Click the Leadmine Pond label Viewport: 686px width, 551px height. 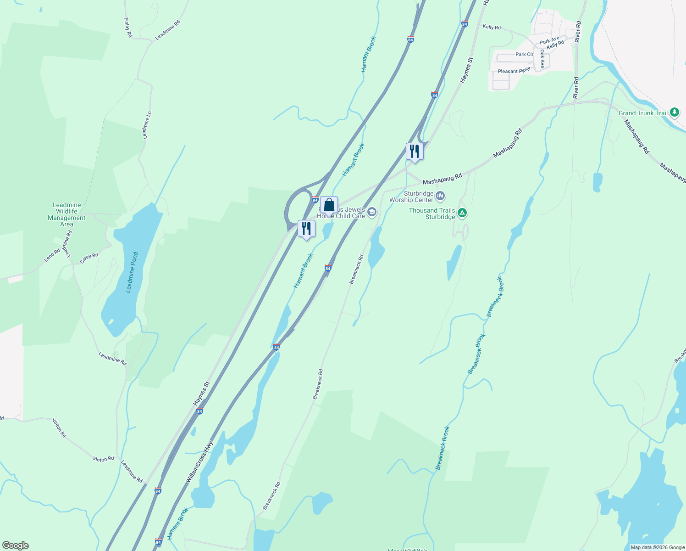click(132, 272)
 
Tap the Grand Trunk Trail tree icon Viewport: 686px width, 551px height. click(674, 112)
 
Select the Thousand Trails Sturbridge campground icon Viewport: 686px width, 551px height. click(462, 213)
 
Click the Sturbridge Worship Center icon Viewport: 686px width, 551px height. click(440, 197)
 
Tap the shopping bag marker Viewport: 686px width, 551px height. click(329, 205)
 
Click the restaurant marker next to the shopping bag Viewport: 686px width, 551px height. click(306, 229)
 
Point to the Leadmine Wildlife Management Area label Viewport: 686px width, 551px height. click(66, 214)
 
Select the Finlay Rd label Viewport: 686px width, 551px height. click(128, 28)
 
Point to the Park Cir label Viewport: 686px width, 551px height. click(524, 54)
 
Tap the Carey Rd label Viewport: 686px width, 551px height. click(89, 258)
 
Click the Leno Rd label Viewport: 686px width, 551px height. click(52, 255)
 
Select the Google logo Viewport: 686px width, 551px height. click(16, 545)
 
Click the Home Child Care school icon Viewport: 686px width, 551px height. click(372, 212)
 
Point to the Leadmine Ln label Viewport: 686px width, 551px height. click(147, 125)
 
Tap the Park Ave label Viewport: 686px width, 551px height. click(549, 40)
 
